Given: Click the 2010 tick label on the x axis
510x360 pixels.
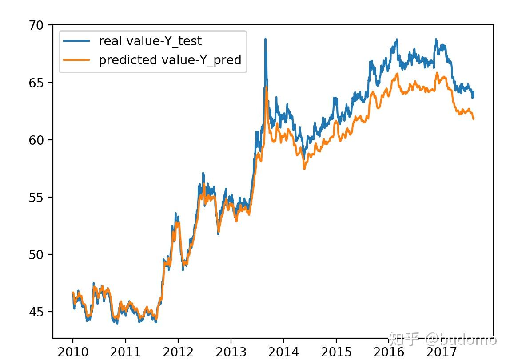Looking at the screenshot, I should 73,352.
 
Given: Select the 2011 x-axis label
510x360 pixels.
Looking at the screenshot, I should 125,352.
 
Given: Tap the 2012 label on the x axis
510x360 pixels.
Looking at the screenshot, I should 178,352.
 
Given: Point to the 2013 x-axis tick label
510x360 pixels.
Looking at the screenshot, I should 231,352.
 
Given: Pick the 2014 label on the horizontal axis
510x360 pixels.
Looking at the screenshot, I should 283,352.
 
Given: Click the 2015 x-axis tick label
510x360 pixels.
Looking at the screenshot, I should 336,352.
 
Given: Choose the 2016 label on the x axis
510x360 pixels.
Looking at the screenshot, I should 388,352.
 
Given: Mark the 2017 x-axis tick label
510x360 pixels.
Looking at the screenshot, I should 441,352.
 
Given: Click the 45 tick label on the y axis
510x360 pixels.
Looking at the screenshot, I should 37,312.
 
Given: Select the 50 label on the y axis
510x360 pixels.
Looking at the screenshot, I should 37,255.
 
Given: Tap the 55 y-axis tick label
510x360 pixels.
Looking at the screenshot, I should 37,198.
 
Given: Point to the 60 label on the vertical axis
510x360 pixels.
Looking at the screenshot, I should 37,140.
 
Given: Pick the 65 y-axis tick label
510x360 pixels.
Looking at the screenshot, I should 37,83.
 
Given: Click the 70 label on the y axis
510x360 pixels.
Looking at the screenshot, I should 37,26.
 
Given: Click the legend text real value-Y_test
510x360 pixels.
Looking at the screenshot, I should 150,41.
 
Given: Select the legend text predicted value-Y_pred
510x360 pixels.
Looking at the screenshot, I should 170,60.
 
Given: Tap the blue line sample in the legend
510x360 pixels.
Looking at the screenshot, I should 77,41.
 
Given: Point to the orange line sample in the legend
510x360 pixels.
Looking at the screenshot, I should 77,60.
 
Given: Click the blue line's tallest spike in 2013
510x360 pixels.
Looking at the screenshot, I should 265,40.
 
